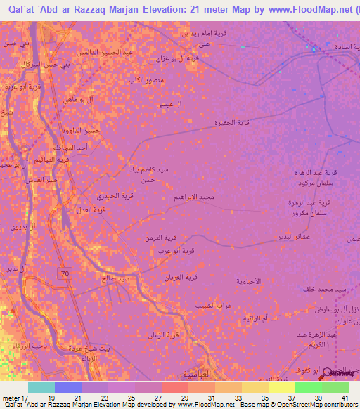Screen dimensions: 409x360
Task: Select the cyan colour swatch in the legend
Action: point(41,387)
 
